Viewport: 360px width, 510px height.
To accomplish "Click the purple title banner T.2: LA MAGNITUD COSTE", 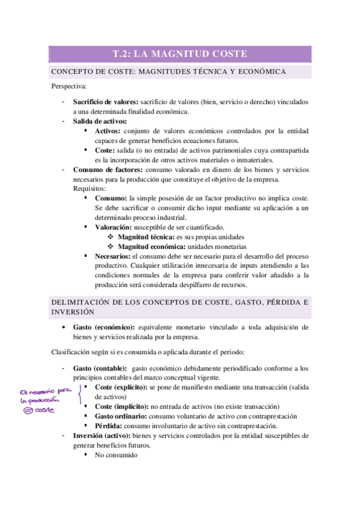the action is [x=180, y=54].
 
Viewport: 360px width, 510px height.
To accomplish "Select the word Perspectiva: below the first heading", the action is [x=69, y=86].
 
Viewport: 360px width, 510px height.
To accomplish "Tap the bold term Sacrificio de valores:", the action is [x=105, y=102].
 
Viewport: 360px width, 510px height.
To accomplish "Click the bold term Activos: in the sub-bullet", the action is [x=108, y=131].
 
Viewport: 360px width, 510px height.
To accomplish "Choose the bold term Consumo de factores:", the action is [x=108, y=170].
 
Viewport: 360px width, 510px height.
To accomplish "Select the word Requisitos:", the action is [x=90, y=188].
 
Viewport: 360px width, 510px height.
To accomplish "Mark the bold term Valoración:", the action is [x=115, y=227].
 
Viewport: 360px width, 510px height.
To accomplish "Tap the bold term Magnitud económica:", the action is [x=151, y=247].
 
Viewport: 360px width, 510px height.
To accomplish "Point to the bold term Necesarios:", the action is [x=112, y=256].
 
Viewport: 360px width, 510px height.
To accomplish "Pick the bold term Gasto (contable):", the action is [x=100, y=367].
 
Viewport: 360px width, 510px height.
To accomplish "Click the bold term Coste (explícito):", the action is [x=121, y=387].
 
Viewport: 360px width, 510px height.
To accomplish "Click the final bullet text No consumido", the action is [x=116, y=455].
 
